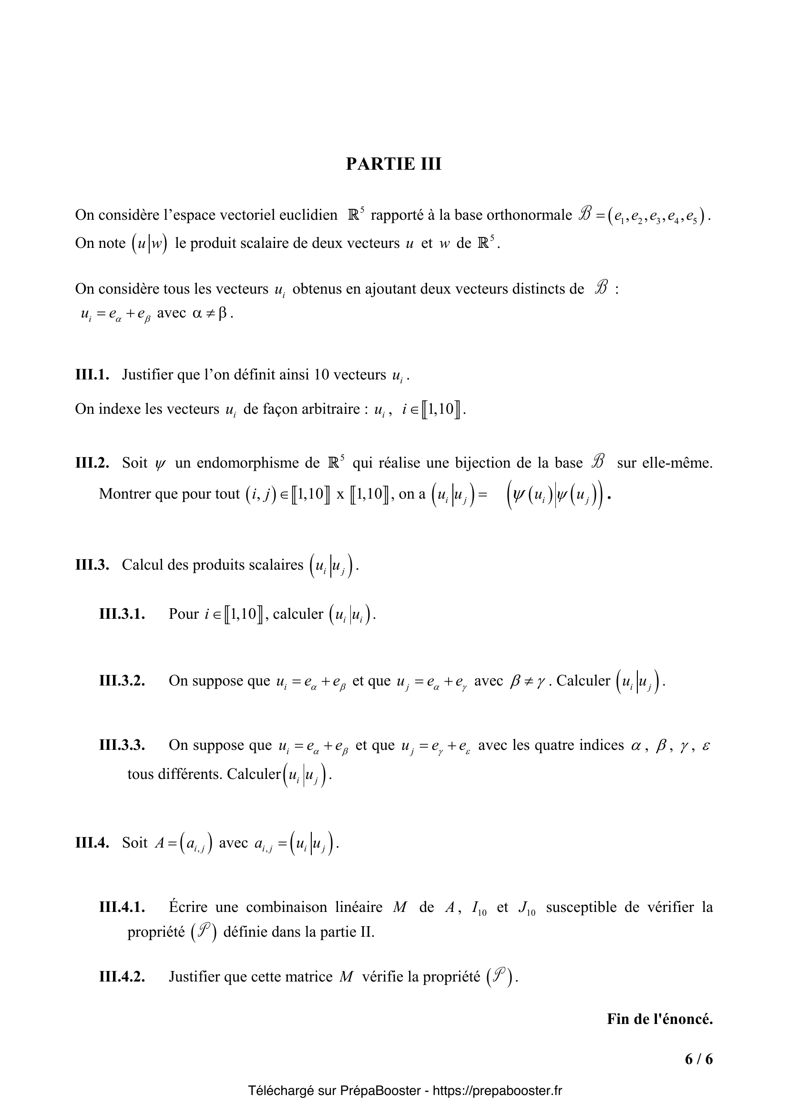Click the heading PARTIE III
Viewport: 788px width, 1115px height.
(x=393, y=164)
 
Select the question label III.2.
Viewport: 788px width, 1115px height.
(x=92, y=463)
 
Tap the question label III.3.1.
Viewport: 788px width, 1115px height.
(x=123, y=614)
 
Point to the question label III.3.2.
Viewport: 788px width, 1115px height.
(x=123, y=680)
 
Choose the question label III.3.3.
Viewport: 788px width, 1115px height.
(x=123, y=745)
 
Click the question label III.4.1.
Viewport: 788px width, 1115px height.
(x=123, y=907)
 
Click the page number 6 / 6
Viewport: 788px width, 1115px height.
(x=699, y=1059)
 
